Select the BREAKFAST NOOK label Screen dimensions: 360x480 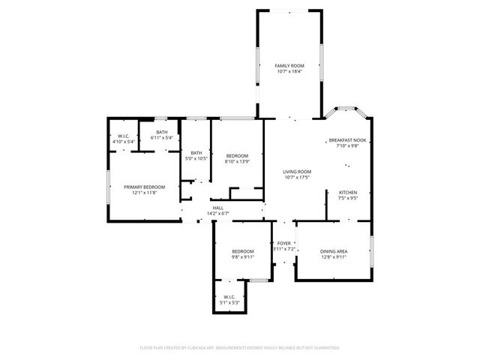click(347, 140)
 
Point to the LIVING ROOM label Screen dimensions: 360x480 click(297, 172)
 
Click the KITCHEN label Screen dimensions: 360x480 click(347, 193)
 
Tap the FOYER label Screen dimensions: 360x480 click(284, 244)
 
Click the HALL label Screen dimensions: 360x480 click(217, 208)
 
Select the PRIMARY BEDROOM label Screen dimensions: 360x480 click(144, 187)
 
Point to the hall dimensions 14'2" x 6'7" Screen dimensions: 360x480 click(217, 214)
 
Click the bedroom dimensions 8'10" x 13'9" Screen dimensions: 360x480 click(237, 161)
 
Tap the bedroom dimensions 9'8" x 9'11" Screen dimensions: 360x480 click(242, 257)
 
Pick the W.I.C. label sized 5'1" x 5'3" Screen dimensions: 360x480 click(229, 297)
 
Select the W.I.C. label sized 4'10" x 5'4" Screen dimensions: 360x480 click(124, 136)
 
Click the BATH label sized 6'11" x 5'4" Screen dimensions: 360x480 click(162, 133)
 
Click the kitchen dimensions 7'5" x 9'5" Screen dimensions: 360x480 click(347, 199)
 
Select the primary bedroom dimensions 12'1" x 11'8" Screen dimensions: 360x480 click(144, 193)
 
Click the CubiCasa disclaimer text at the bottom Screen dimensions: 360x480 click(240, 348)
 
